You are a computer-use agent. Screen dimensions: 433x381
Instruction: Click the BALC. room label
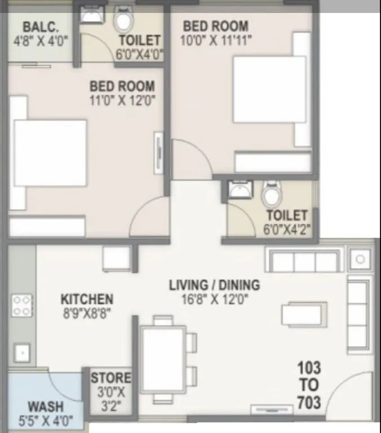tap(38, 27)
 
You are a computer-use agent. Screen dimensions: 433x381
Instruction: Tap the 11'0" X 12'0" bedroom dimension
tap(122, 101)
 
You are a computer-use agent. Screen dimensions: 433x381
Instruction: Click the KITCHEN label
tap(87, 299)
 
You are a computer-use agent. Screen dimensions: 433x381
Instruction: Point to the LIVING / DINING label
tap(214, 285)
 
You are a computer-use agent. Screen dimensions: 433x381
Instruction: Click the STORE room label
tap(111, 378)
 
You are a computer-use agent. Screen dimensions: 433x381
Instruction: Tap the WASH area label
tap(46, 407)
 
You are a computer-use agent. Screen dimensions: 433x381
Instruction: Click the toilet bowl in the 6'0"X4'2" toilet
tap(271, 195)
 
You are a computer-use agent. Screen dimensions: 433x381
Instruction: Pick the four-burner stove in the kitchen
tap(21, 305)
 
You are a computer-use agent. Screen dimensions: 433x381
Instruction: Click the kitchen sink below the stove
tap(21, 353)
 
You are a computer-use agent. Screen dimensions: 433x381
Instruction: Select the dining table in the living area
tap(163, 359)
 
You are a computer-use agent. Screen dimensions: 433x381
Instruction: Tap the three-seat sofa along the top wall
tap(304, 262)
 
